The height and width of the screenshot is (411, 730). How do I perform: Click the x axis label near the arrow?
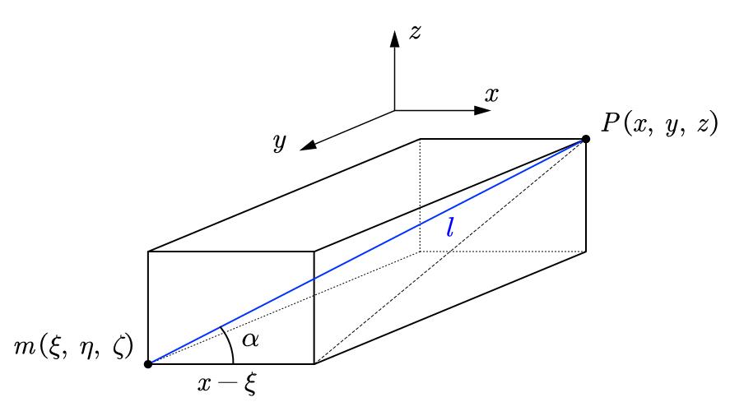tap(491, 95)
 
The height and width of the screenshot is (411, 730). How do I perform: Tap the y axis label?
tap(280, 143)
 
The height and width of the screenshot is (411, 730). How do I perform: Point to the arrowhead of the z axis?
tap(395, 35)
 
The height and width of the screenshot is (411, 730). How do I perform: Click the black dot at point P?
tap(586, 139)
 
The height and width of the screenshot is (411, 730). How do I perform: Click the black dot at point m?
tap(148, 363)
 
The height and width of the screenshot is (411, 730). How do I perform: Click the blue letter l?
tap(449, 227)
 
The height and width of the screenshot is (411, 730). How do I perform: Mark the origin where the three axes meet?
tap(395, 110)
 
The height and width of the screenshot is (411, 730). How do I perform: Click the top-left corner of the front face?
tap(148, 252)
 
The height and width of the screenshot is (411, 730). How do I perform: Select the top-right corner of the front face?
tap(314, 252)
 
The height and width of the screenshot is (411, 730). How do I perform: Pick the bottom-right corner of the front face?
tap(314, 363)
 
